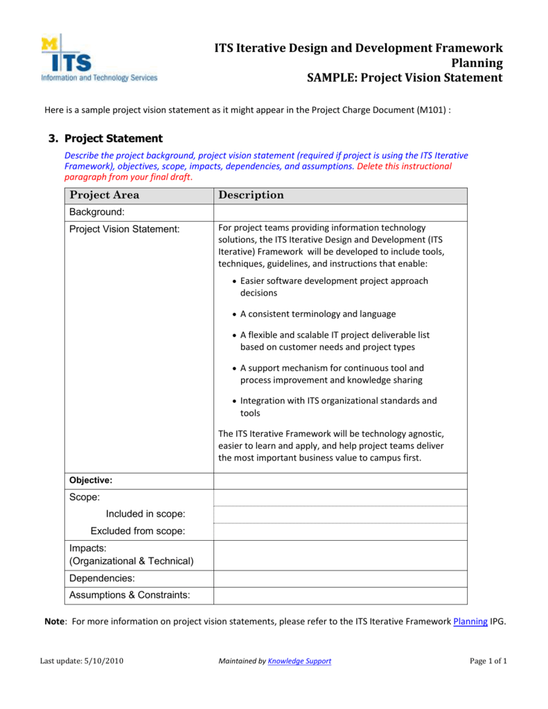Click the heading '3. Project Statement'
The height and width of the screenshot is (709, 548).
coord(113,138)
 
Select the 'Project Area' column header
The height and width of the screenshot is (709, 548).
coord(105,195)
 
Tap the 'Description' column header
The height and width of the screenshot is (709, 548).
coord(251,195)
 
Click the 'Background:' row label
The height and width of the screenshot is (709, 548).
coord(97,212)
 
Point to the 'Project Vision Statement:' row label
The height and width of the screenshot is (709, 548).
coord(125,228)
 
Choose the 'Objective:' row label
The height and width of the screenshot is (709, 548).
coord(91,480)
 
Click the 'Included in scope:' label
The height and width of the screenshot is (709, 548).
coord(145,514)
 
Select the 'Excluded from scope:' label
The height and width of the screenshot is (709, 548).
coord(138,531)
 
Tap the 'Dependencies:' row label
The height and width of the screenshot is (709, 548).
coord(102,578)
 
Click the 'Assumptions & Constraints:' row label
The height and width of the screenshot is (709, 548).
coord(130,595)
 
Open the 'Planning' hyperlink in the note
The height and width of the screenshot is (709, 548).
coord(470,621)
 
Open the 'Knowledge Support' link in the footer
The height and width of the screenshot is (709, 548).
coord(299,661)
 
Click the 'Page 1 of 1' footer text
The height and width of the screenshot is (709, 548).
coord(488,661)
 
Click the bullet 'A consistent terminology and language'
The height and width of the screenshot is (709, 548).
coord(318,314)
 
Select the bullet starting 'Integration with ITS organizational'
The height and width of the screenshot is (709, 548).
coord(338,406)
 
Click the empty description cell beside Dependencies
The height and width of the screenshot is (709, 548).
coord(339,578)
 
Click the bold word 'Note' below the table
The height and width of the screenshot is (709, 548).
coord(55,621)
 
